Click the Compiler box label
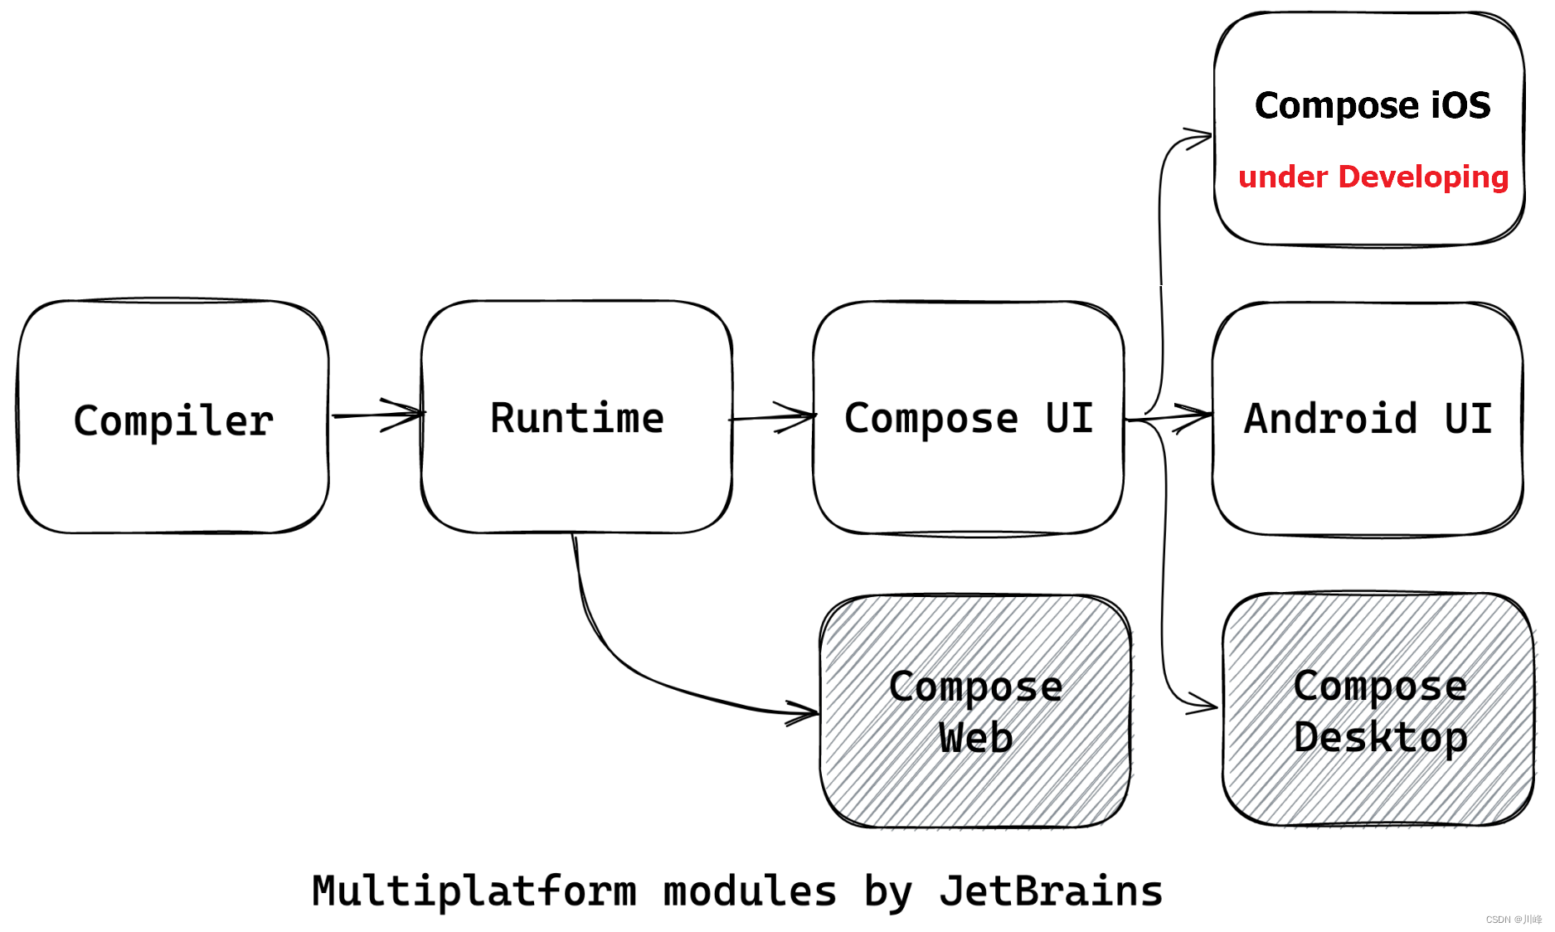(173, 421)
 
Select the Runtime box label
(577, 418)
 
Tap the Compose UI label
(969, 419)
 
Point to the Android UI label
(1368, 419)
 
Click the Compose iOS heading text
(1373, 105)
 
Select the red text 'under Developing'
(1373, 177)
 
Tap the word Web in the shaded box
(975, 737)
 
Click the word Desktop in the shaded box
(1380, 737)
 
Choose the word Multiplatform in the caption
(474, 891)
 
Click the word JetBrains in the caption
(1051, 891)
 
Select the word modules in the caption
(750, 891)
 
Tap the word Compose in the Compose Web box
(975, 687)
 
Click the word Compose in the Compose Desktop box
(1380, 686)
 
